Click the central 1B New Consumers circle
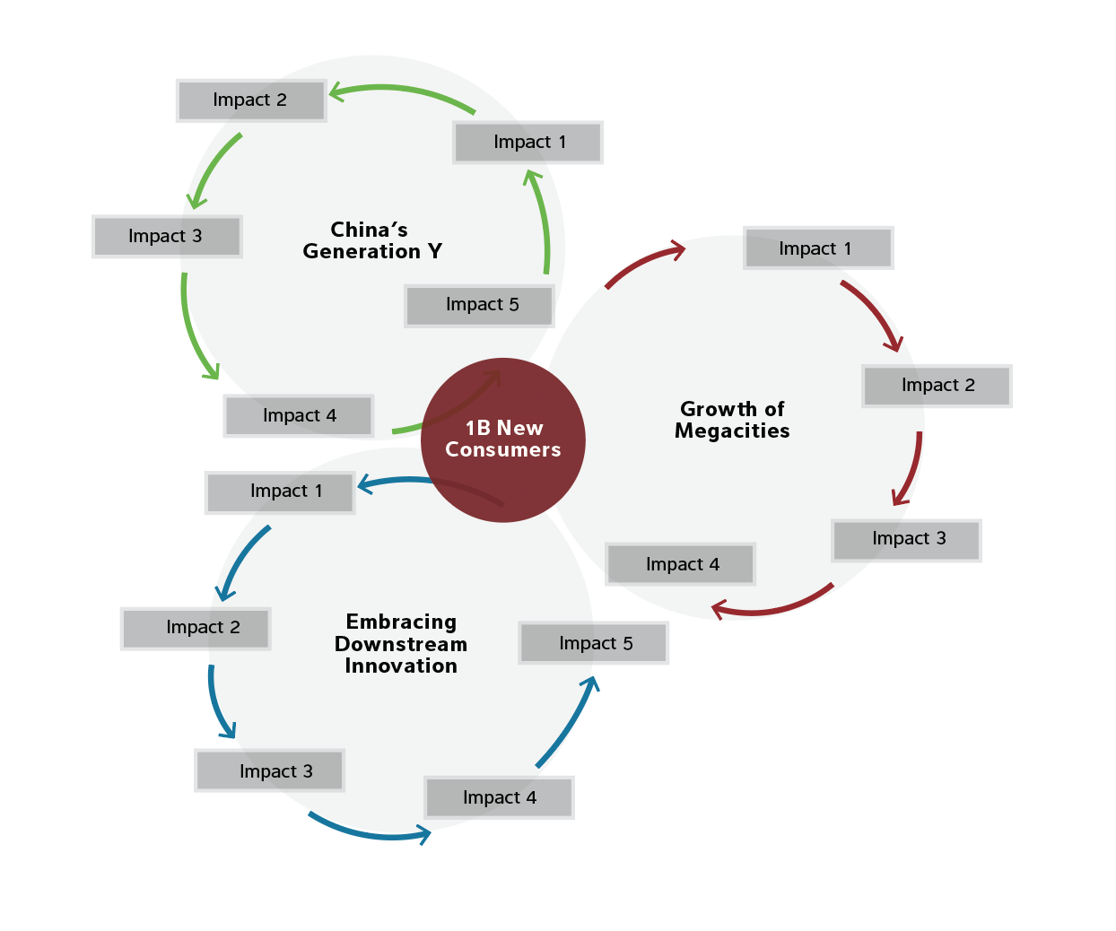pos(502,439)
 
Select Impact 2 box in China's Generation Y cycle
pos(250,100)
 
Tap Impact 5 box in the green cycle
pos(479,306)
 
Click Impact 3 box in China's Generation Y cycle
pos(167,236)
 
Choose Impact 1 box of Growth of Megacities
pos(818,248)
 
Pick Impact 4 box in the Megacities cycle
pos(680,564)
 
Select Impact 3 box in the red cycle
pos(906,540)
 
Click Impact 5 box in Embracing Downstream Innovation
pos(593,642)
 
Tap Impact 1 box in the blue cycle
pos(280,492)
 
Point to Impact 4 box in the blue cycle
pos(499,797)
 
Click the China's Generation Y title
pos(371,240)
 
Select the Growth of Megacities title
pos(732,420)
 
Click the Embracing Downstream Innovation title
pos(401,643)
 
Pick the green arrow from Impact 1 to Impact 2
pos(401,89)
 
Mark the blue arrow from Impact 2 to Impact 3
pos(216,705)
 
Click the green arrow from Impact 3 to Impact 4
pos(191,331)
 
